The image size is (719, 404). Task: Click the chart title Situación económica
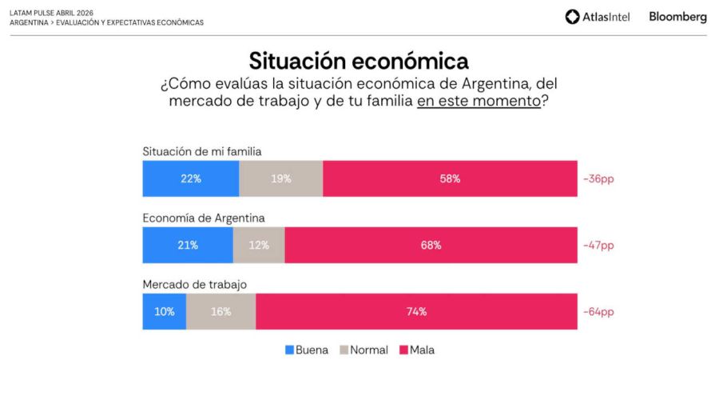[359, 61]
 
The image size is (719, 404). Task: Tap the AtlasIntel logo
[598, 17]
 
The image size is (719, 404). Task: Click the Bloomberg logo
[677, 17]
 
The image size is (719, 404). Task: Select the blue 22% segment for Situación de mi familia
[190, 178]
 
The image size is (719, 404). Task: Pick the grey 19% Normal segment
[280, 178]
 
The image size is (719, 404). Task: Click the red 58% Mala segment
[450, 178]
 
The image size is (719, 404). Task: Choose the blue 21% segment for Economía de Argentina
[188, 245]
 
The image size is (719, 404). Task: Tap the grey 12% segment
[259, 245]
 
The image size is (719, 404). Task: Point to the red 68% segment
[431, 245]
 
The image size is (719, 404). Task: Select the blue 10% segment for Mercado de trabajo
[165, 311]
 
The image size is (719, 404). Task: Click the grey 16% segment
[220, 311]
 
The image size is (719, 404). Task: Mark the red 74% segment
[416, 311]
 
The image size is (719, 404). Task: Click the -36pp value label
[598, 178]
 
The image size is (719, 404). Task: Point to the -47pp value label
[598, 245]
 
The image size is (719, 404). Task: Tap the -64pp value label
[598, 311]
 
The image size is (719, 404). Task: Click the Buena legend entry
[307, 350]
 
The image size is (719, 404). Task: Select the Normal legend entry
[364, 350]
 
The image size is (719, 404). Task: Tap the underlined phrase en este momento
[479, 102]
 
